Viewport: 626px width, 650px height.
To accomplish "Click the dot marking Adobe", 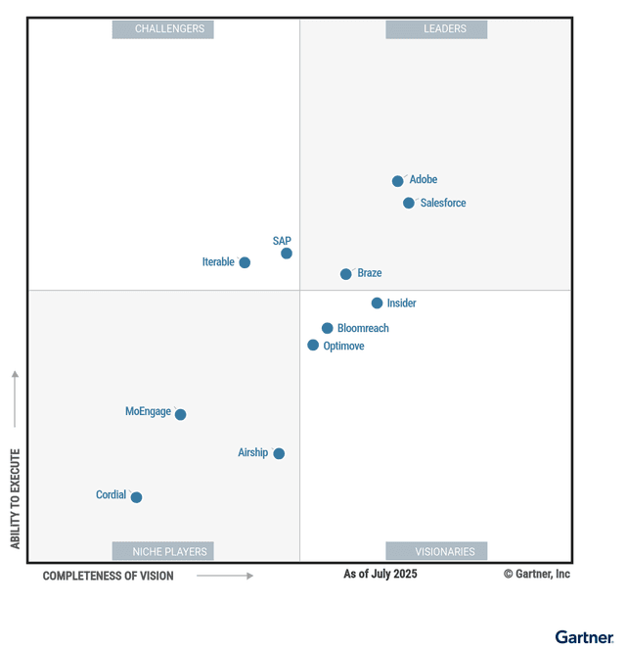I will click(x=398, y=181).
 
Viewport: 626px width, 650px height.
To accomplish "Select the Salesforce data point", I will click(x=409, y=204).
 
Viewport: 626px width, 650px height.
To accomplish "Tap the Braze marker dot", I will click(x=346, y=274).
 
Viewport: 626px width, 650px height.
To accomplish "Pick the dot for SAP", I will click(x=287, y=254).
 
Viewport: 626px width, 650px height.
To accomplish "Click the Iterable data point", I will click(x=245, y=262).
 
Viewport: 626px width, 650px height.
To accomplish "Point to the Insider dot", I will click(x=377, y=303).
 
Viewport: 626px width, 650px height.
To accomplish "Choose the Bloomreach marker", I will click(x=328, y=329).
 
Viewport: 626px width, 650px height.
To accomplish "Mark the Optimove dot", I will click(x=313, y=346).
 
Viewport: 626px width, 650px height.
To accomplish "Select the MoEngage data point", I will click(x=180, y=415).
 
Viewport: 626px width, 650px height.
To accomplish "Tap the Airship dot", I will click(x=279, y=453).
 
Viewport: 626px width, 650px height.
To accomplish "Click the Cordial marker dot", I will click(x=136, y=497).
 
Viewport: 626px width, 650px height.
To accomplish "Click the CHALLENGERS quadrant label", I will click(x=162, y=29).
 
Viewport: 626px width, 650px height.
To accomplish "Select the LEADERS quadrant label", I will click(x=436, y=29).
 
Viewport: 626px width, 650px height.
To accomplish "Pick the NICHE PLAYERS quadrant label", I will click(x=162, y=551).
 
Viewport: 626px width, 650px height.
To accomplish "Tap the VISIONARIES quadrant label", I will click(x=436, y=551).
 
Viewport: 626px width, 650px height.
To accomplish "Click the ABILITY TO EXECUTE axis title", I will click(x=16, y=498).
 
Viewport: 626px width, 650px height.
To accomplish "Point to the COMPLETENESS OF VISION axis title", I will click(x=109, y=576).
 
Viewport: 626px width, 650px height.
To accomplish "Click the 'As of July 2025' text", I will click(x=380, y=574).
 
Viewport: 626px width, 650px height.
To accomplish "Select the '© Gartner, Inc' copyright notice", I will click(x=537, y=574).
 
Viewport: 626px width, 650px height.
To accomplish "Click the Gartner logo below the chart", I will click(x=585, y=637).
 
